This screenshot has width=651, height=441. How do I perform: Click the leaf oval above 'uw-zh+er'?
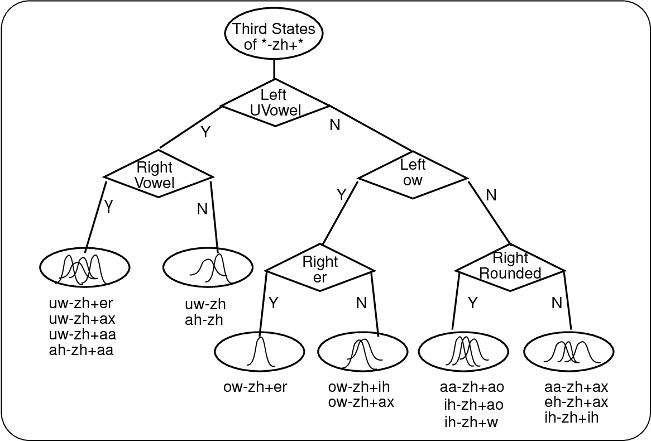(85, 267)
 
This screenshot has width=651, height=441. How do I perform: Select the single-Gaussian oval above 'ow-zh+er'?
(260, 352)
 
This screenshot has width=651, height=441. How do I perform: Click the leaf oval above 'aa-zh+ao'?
(463, 352)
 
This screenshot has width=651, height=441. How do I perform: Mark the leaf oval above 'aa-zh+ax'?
(568, 352)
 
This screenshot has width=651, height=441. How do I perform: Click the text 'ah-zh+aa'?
(82, 351)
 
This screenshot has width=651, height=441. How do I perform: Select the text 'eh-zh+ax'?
(576, 402)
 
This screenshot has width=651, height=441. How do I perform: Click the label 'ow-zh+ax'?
(361, 402)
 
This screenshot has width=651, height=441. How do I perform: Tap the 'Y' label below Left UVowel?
(205, 133)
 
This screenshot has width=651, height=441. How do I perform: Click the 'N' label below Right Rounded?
(556, 303)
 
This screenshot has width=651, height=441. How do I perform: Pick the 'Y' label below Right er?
(274, 303)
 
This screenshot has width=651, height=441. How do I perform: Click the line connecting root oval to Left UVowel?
(274, 69)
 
